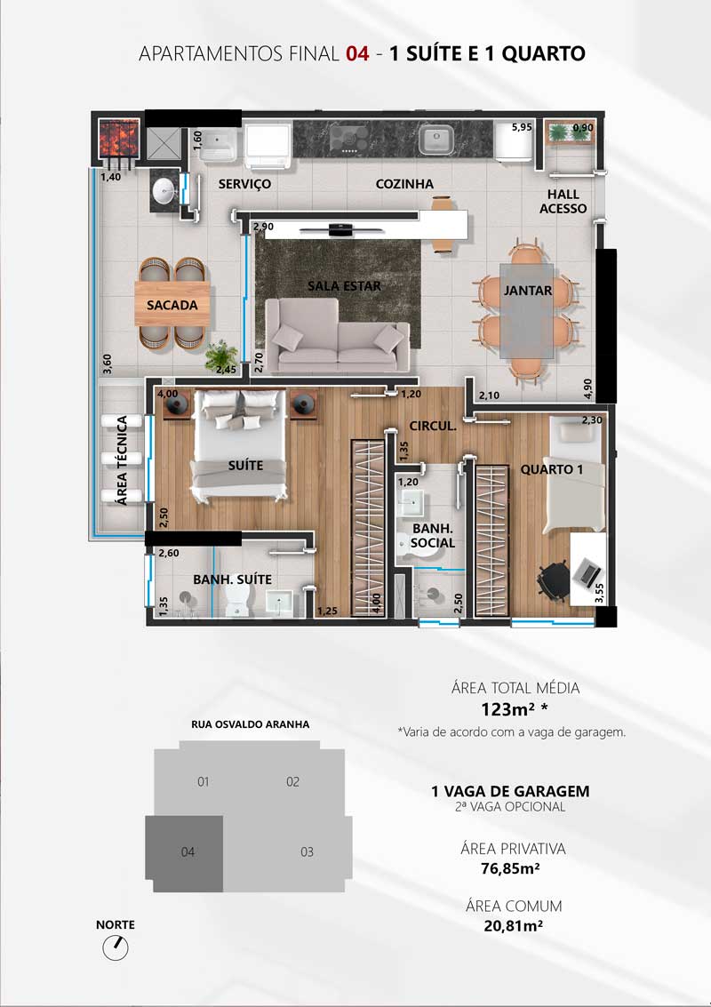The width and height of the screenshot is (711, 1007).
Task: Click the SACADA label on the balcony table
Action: [172, 305]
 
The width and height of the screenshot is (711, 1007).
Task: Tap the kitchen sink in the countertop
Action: [436, 140]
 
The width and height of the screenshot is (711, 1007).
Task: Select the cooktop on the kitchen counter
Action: [349, 138]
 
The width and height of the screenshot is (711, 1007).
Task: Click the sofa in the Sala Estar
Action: [337, 336]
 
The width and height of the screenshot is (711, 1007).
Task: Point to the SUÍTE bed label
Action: [246, 465]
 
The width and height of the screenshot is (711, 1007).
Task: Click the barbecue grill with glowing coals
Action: [119, 137]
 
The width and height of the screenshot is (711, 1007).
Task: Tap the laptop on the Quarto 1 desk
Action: [587, 571]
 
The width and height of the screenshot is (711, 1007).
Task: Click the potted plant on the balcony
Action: [220, 356]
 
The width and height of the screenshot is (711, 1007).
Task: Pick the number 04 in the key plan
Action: [188, 852]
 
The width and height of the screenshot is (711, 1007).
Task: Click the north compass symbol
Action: [116, 947]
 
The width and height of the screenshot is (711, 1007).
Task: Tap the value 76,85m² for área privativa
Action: [510, 869]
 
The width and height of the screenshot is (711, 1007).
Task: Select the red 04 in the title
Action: [358, 54]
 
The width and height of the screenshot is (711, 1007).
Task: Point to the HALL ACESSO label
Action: [563, 201]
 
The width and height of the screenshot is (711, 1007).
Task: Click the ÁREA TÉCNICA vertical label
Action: [122, 460]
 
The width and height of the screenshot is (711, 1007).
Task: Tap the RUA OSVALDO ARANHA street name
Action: [251, 724]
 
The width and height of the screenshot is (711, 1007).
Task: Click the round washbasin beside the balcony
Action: [165, 189]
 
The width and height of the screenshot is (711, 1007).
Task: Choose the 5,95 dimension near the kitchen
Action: [522, 127]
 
